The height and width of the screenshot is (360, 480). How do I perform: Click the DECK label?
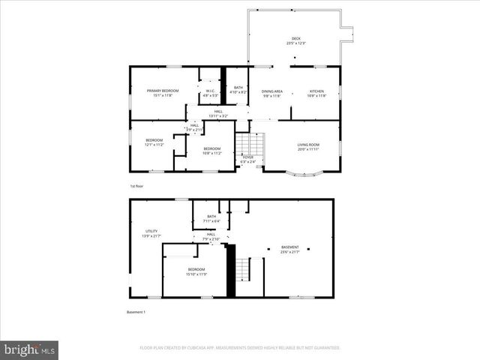click(x=295, y=40)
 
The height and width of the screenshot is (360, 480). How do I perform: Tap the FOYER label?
click(x=247, y=159)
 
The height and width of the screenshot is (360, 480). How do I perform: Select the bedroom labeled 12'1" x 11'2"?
click(x=154, y=142)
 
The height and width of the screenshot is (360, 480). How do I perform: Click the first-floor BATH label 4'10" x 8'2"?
click(x=238, y=89)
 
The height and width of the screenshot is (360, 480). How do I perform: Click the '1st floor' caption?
click(x=136, y=185)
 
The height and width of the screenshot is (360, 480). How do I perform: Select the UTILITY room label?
click(x=151, y=234)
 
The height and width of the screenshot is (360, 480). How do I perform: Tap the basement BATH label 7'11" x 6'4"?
click(x=211, y=219)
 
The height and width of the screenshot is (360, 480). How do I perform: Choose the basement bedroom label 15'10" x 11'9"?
click(x=196, y=271)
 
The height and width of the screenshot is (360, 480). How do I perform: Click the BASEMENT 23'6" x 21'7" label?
click(x=289, y=250)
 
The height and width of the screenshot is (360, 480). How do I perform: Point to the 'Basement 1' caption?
click(x=135, y=312)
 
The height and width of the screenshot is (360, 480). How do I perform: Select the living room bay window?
click(x=304, y=174)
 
